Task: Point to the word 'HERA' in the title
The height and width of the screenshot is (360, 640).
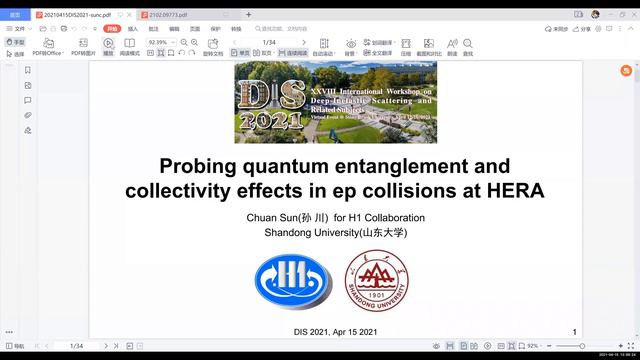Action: click(513, 190)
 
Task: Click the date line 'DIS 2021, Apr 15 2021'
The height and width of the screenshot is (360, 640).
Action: click(335, 331)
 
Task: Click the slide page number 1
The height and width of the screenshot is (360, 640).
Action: click(574, 331)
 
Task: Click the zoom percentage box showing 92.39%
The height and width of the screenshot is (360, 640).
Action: click(159, 43)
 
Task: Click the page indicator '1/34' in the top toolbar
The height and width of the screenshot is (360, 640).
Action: click(269, 43)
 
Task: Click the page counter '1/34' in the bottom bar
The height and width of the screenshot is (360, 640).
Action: click(76, 345)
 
